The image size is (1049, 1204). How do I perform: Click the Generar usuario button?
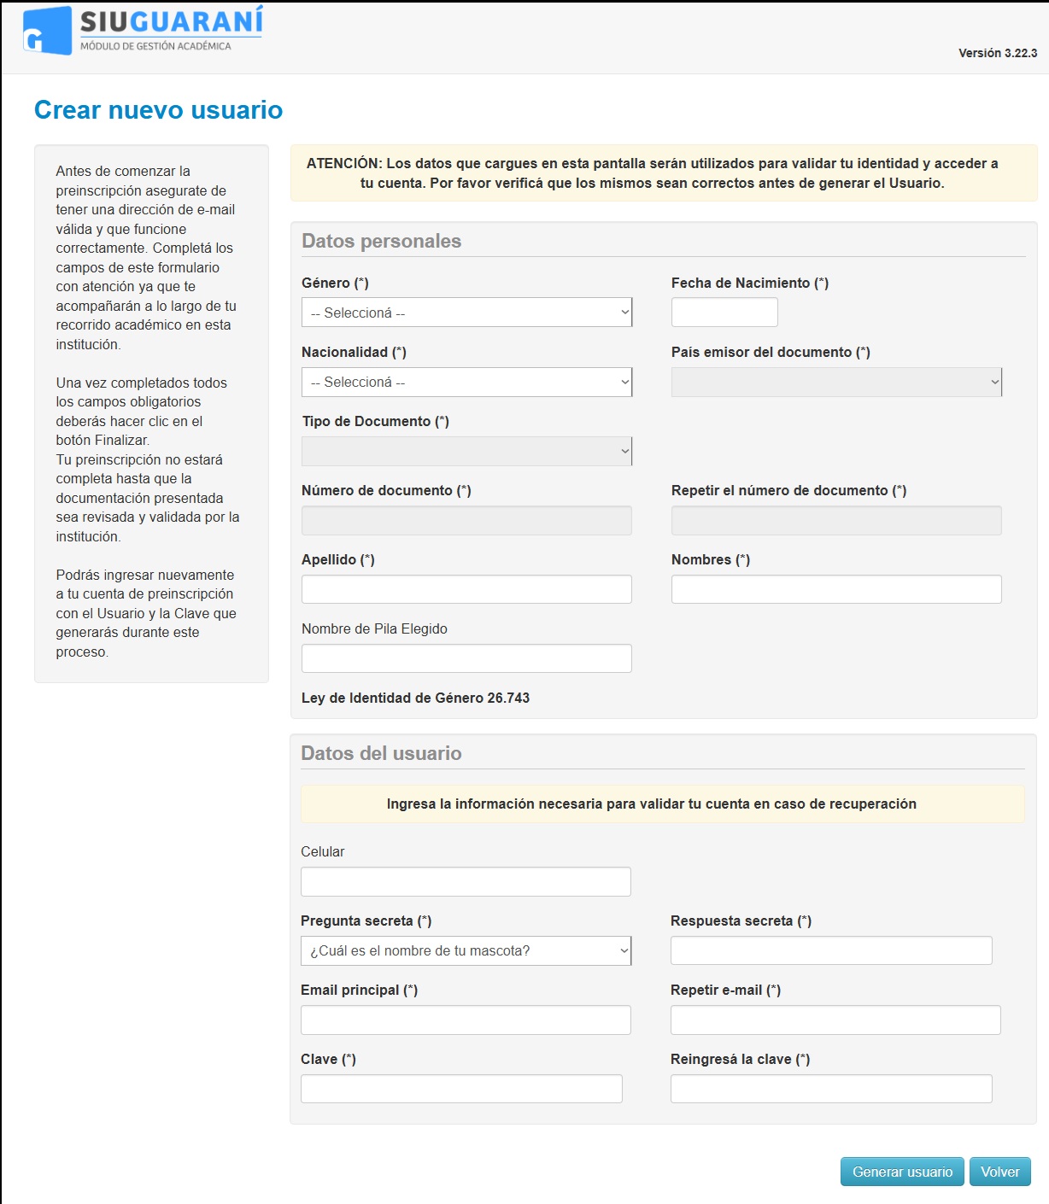coord(902,1172)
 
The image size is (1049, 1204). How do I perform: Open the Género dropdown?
coord(466,313)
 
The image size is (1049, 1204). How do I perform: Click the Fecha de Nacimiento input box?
coord(724,313)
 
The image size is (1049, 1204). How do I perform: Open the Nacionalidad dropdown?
coord(466,382)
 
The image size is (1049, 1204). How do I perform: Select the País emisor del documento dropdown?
coord(836,382)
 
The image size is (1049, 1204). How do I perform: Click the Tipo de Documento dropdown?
coord(466,451)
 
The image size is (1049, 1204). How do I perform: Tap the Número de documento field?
coord(466,520)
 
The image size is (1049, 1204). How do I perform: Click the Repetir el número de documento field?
coord(836,520)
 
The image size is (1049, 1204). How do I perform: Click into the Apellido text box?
coord(466,589)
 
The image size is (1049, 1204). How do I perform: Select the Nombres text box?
coord(836,589)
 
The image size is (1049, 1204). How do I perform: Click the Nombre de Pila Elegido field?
coord(466,658)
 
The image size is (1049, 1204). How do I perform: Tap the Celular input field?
coord(466,881)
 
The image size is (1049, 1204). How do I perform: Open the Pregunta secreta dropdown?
coord(466,950)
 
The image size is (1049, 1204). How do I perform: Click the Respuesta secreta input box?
coord(831,950)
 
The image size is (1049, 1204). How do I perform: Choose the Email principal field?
coord(466,1020)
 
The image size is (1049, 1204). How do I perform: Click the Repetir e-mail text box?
coord(835,1020)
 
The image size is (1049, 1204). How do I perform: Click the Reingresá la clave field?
coord(831,1089)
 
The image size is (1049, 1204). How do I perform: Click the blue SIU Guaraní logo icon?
coord(47,31)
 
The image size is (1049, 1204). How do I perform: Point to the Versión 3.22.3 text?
coord(998,53)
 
